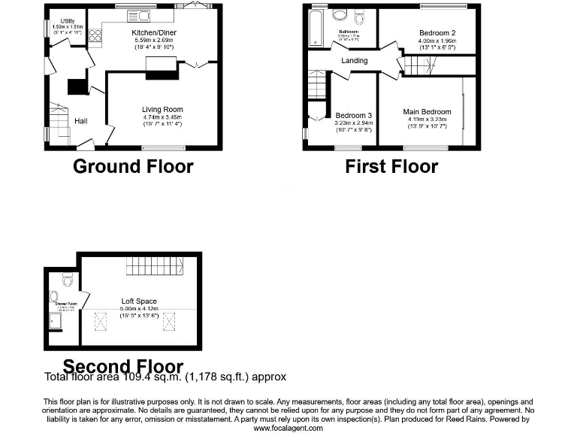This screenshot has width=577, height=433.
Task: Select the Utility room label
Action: (57, 22)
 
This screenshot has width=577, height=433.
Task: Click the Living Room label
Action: (162, 110)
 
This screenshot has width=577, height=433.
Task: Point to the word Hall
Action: (81, 120)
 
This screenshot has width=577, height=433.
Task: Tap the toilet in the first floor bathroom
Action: (359, 17)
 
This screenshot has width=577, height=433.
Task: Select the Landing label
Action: (355, 60)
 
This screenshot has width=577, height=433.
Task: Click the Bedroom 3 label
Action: (354, 115)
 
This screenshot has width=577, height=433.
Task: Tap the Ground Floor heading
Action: (133, 166)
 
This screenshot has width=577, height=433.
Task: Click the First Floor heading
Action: (391, 166)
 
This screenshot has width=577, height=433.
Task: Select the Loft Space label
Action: (139, 301)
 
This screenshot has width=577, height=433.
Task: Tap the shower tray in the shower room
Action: (56, 322)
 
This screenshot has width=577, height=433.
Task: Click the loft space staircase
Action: (155, 265)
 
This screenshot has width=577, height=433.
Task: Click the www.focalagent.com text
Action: (288, 428)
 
